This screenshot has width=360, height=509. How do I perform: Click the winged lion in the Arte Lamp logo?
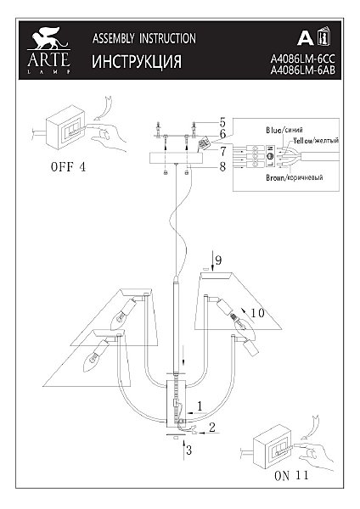click(48, 38)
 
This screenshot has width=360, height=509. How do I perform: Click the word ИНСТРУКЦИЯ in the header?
click(137, 62)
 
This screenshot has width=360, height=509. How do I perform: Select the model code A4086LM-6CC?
click(302, 59)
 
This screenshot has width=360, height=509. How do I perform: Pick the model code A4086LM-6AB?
click(302, 70)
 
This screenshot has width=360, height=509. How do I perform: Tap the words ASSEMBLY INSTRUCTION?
click(144, 39)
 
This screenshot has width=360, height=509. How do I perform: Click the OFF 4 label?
click(68, 167)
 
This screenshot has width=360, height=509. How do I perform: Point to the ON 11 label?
click(291, 476)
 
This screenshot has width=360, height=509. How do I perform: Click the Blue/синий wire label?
click(284, 130)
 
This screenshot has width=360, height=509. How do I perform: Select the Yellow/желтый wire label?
click(316, 141)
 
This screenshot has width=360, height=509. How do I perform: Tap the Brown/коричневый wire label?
click(295, 177)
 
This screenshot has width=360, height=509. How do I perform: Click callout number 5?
click(222, 123)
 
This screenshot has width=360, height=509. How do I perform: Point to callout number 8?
click(222, 167)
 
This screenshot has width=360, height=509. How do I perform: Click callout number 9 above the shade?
click(218, 260)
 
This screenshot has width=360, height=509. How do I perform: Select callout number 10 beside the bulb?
click(257, 313)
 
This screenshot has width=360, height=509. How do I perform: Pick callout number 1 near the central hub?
click(200, 406)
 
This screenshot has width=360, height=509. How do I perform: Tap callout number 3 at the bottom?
click(188, 450)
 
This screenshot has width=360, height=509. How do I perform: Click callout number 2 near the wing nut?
click(212, 428)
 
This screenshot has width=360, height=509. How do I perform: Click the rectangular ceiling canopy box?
click(176, 158)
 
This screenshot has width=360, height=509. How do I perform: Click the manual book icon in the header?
click(323, 36)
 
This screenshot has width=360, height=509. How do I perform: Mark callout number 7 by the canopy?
click(222, 151)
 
